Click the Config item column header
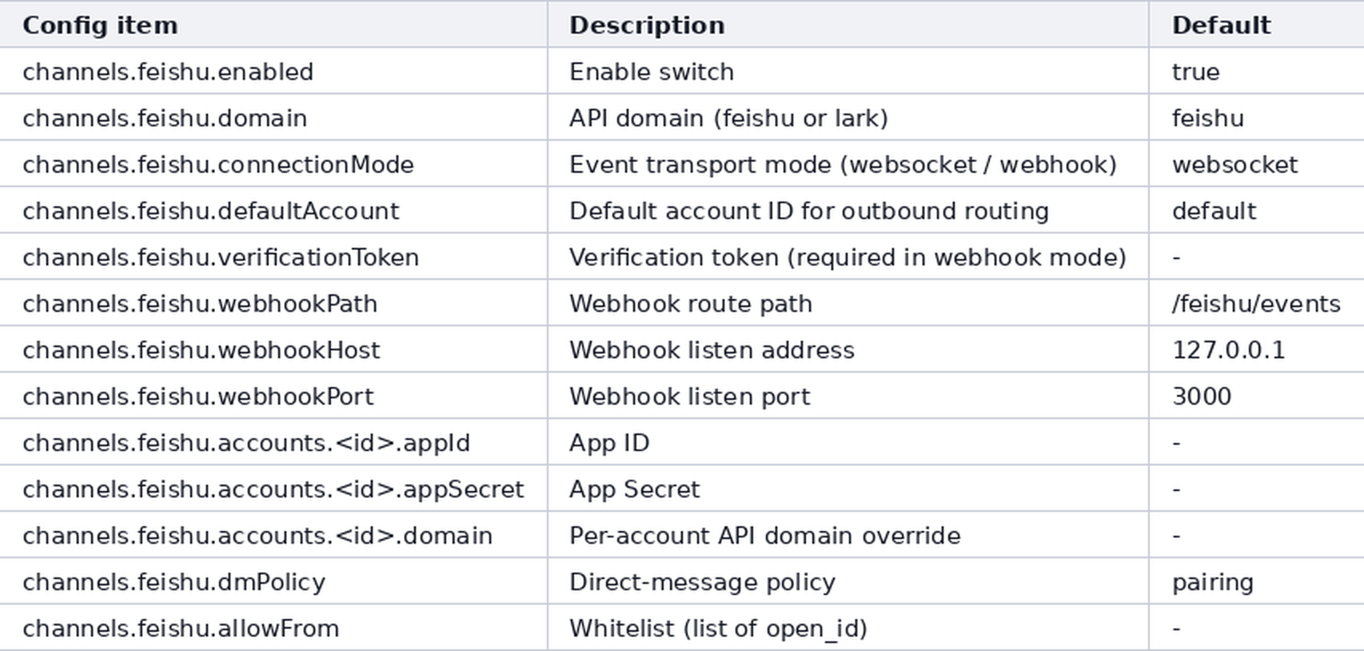point(101,26)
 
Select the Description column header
point(647,26)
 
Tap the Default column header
point(1221,26)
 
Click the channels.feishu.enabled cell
point(168,72)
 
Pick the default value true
point(1196,72)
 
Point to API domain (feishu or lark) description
point(729,118)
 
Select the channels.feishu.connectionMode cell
point(218,165)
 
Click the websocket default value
point(1235,165)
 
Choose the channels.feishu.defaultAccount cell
point(211,211)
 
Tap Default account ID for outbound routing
point(809,211)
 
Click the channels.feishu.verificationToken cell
point(221,258)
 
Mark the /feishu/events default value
point(1256,304)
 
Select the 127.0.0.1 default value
point(1228,350)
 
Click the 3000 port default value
point(1202,397)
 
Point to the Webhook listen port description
point(690,397)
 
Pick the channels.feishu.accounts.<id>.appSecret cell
point(273,489)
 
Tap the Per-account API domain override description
point(765,536)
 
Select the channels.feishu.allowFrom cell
point(181,629)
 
